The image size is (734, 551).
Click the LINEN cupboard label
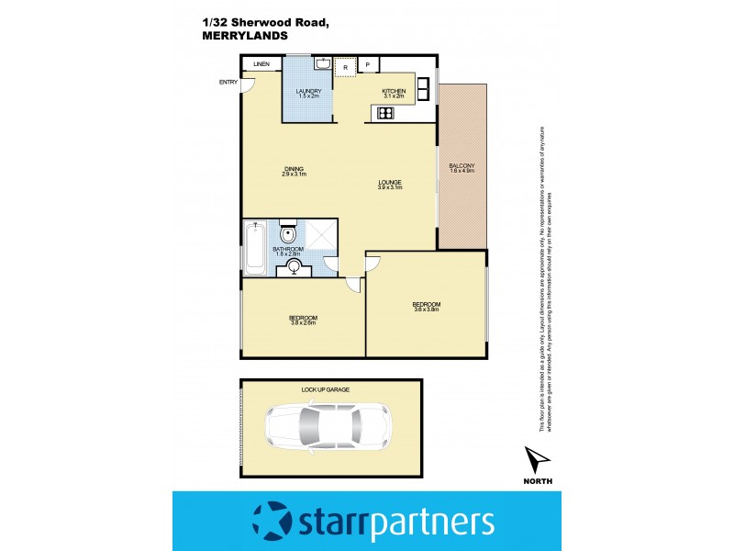[x=261, y=64]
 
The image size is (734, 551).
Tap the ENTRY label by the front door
[x=228, y=83]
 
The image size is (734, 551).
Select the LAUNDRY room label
[x=306, y=91]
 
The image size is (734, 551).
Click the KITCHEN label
[x=393, y=91]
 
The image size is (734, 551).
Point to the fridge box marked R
[x=345, y=66]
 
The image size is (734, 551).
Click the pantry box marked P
[x=368, y=64]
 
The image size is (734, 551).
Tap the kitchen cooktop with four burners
[x=384, y=114]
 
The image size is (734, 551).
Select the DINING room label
[x=294, y=169]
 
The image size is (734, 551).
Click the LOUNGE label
[x=390, y=183]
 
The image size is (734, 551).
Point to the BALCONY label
[x=462, y=165]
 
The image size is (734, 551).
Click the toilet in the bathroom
[x=285, y=231]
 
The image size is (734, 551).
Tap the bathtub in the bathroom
[x=256, y=248]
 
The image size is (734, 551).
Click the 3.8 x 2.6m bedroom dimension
[x=303, y=323]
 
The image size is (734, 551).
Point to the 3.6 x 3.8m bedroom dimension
[x=426, y=309]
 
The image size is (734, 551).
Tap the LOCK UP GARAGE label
[x=320, y=390]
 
